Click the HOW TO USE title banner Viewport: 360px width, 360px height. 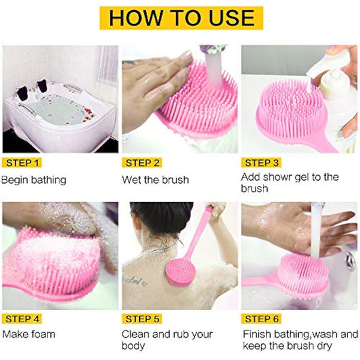tap(179, 17)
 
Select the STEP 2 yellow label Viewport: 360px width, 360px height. tap(143, 163)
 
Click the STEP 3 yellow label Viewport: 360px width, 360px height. tap(262, 163)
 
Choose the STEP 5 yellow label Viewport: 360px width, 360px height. tap(143, 318)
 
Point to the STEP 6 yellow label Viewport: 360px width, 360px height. tap(262, 318)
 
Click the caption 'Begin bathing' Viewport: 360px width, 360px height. tap(34, 179)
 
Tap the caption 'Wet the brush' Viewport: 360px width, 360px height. tap(155, 179)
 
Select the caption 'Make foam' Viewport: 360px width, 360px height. tap(29, 334)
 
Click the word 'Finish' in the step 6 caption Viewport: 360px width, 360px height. tap(257, 334)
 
